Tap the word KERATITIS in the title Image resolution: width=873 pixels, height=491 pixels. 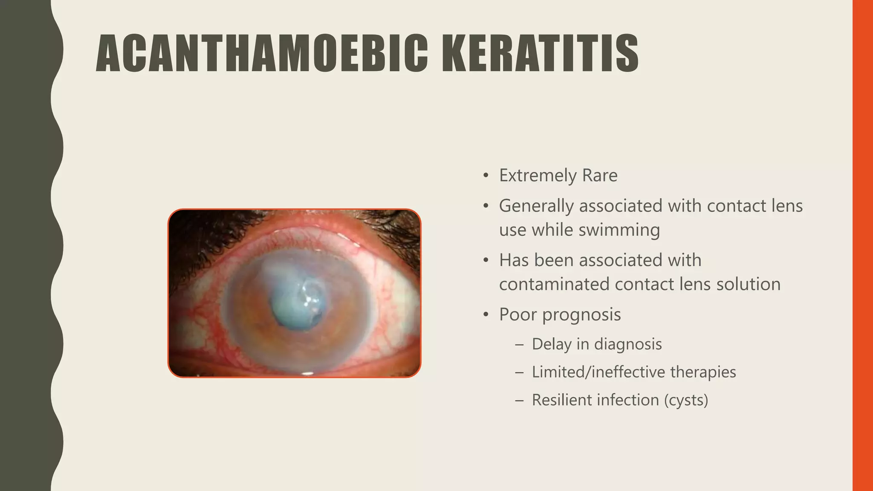(540, 54)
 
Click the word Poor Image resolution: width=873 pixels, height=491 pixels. (517, 315)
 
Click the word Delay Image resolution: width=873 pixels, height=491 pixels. (552, 344)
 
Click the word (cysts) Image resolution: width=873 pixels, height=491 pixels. (686, 400)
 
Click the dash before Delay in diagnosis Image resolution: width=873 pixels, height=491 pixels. (519, 344)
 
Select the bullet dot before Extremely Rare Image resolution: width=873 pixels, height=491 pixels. (486, 176)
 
